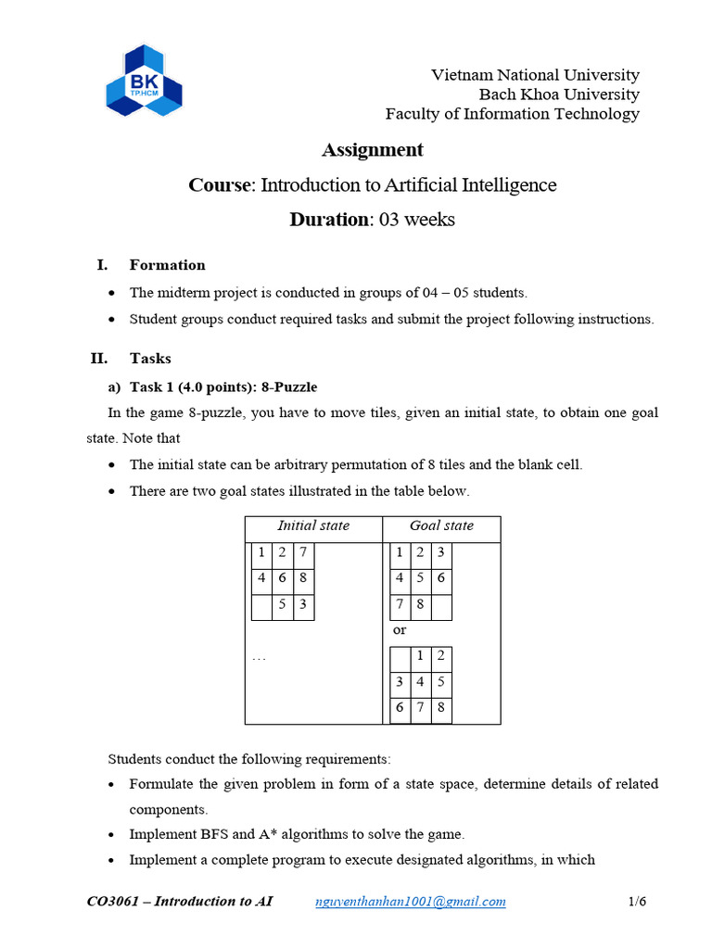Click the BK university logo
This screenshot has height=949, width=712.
point(144,80)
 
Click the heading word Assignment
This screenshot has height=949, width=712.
point(372,150)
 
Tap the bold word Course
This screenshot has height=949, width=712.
point(221,185)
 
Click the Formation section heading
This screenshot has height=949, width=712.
point(167,265)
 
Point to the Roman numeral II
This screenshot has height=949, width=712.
point(99,358)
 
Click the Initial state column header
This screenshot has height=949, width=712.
point(313,525)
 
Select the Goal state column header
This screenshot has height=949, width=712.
point(441,525)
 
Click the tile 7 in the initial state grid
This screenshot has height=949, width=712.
point(303,553)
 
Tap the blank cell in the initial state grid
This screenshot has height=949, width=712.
point(262,607)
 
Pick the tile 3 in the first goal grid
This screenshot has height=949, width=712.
point(440,553)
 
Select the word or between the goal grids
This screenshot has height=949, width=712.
point(400,629)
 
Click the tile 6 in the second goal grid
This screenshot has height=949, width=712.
point(400,709)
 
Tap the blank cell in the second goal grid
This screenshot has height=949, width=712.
point(400,657)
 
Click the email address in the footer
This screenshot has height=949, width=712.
point(411,902)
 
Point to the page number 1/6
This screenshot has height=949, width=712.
point(637,902)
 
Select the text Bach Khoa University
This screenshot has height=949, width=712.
point(558,95)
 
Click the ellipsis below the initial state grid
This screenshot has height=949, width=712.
point(259,657)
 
